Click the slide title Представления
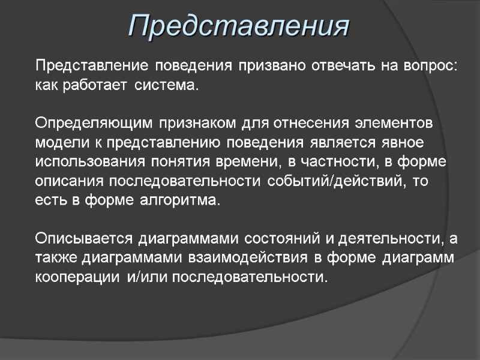239,26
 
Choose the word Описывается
85,239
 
